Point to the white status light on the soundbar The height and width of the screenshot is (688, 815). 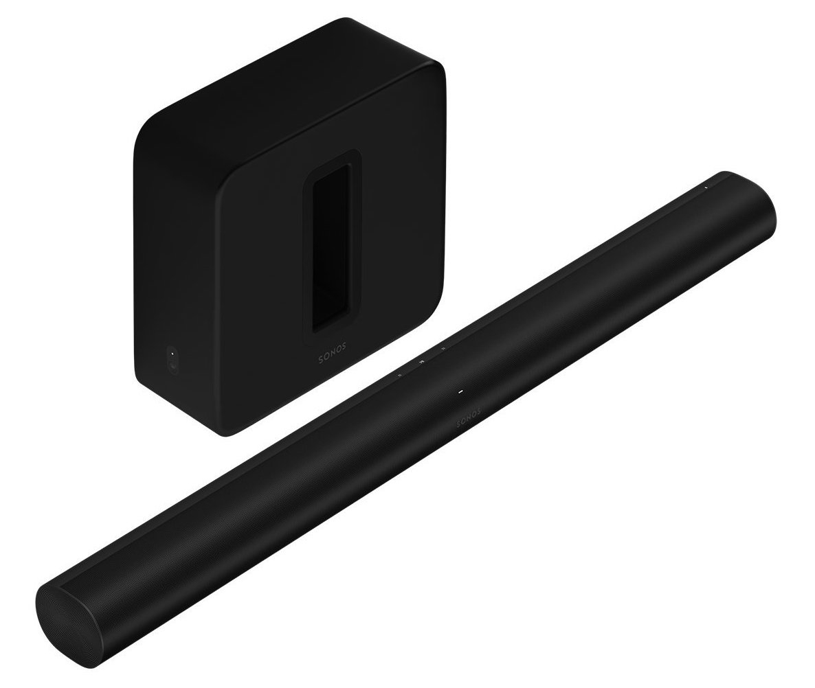pyautogui.click(x=462, y=392)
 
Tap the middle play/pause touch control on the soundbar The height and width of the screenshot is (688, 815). pyautogui.click(x=421, y=358)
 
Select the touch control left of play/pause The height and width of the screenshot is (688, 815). pyautogui.click(x=399, y=375)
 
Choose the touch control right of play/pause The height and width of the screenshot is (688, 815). pyautogui.click(x=443, y=349)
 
